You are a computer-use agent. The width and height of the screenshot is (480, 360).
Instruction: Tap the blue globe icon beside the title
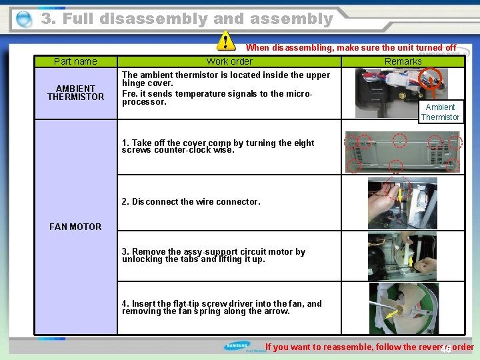(x=23, y=19)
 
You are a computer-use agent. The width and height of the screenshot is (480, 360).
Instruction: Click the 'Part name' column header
(x=75, y=61)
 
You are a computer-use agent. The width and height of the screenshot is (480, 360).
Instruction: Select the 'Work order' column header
(x=229, y=61)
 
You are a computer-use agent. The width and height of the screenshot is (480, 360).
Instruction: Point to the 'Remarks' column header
(x=403, y=61)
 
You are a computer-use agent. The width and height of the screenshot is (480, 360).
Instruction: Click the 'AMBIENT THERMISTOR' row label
(x=75, y=93)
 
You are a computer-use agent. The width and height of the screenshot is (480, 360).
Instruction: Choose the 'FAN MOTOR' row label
(x=75, y=227)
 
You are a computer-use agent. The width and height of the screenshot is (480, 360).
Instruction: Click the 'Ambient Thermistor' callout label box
(x=440, y=112)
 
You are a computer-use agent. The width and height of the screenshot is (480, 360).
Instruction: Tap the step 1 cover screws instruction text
(x=217, y=147)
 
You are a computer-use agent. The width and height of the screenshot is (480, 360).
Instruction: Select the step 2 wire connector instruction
(x=191, y=201)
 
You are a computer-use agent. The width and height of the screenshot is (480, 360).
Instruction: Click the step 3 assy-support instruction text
(x=213, y=255)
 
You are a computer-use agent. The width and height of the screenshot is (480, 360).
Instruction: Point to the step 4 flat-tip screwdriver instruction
(x=221, y=307)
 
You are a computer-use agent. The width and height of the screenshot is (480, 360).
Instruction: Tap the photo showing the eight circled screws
(x=403, y=152)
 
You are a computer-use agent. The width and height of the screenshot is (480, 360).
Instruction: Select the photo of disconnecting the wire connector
(x=403, y=203)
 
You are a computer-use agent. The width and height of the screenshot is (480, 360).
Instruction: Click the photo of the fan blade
(x=403, y=309)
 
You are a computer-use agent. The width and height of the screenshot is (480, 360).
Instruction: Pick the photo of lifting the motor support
(x=403, y=256)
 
